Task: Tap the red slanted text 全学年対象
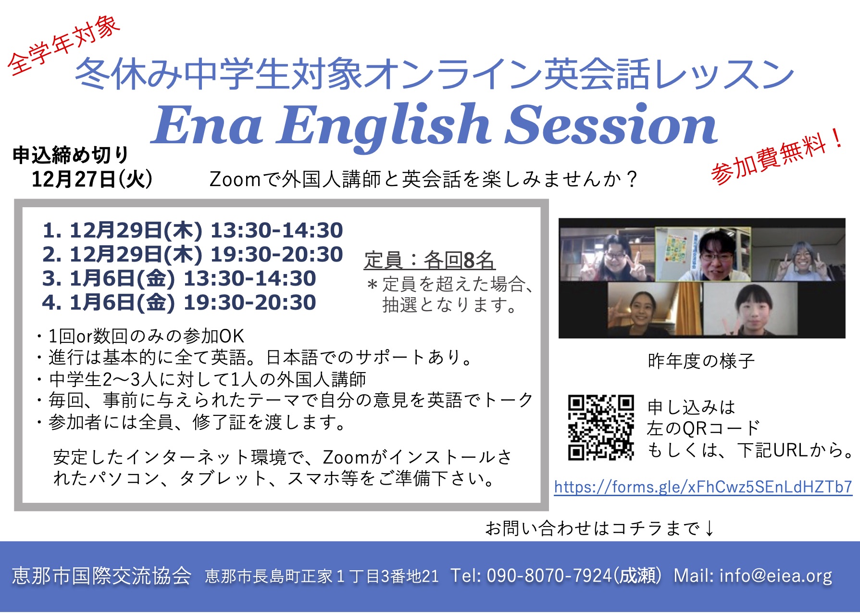point(64,46)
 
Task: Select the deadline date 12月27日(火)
point(92,179)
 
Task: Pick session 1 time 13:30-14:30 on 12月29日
point(277,230)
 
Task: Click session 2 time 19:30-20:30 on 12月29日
point(277,254)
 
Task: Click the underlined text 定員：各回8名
point(429,260)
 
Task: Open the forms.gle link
point(703,487)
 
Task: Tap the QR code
point(601,427)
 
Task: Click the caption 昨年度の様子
point(701,361)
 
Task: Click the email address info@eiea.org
point(776,575)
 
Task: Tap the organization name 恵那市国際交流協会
point(102,575)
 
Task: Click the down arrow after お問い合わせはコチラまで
point(710,528)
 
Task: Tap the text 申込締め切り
point(71,155)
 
